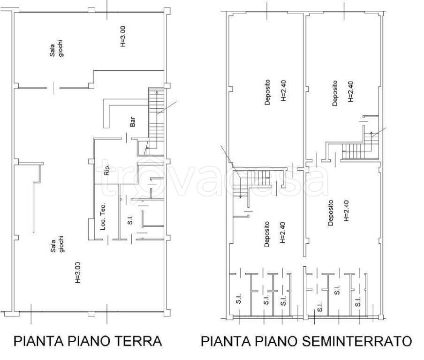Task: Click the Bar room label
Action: click(x=133, y=123)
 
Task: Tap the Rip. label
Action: click(x=107, y=170)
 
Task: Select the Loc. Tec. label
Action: click(x=103, y=216)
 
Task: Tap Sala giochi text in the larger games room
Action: click(x=58, y=244)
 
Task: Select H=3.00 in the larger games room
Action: click(x=78, y=272)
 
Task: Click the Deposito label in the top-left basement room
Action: click(x=267, y=92)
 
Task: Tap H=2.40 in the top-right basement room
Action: click(x=350, y=92)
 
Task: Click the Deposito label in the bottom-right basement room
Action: click(x=331, y=213)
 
